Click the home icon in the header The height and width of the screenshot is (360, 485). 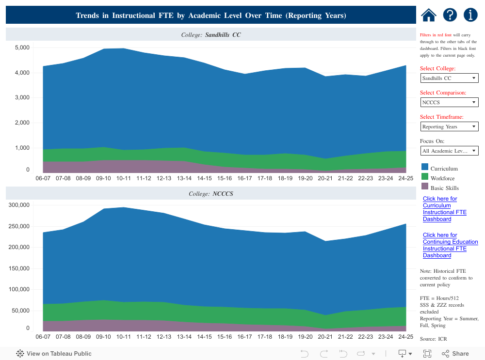click(x=429, y=15)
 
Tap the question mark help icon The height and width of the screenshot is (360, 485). click(x=450, y=15)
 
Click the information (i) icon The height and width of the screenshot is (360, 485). click(x=470, y=15)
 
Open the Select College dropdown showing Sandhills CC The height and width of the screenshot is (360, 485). click(x=449, y=78)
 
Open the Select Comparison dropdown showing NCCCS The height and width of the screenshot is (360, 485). click(x=449, y=102)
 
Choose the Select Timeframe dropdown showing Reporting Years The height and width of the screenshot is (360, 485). click(x=449, y=126)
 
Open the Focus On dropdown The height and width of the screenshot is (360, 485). click(x=449, y=151)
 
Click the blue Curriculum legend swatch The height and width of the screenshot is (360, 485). click(x=425, y=167)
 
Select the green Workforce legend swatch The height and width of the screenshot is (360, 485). click(x=425, y=177)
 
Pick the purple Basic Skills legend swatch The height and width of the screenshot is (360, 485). click(x=425, y=187)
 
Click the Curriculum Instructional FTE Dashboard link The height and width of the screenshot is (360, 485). click(x=444, y=209)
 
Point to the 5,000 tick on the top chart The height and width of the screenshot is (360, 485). click(x=22, y=48)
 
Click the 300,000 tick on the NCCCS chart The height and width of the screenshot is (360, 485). click(x=19, y=205)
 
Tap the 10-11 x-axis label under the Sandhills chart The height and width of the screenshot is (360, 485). click(x=124, y=178)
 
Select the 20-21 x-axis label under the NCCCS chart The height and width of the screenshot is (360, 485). click(x=324, y=337)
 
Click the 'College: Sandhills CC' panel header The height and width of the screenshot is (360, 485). click(x=211, y=35)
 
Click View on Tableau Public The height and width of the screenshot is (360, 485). click(x=54, y=354)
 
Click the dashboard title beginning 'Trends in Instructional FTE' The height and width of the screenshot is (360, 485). click(x=211, y=16)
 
